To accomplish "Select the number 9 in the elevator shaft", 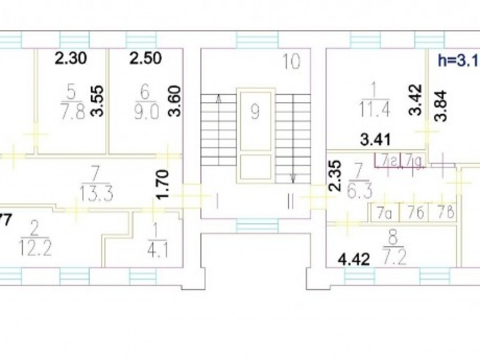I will (255, 112).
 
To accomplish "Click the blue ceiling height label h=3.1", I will (458, 60).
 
